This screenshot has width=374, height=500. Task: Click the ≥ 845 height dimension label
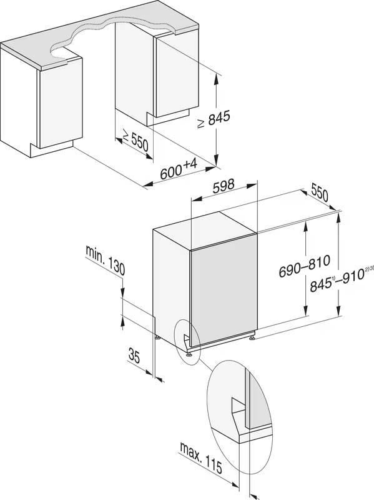coord(214,119)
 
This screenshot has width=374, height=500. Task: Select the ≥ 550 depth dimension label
coord(135,141)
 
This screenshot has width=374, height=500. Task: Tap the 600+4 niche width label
coord(179,169)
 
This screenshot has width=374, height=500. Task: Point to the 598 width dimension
coord(224,186)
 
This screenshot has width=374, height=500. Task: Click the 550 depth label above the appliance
coord(319,192)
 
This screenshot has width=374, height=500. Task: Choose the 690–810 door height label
coord(305,266)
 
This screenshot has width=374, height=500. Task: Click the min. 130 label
coord(105,261)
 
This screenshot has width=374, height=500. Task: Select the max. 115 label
coord(201,458)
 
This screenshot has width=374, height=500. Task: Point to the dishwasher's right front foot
coord(252,337)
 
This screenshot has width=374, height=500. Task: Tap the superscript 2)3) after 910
coord(369,269)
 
